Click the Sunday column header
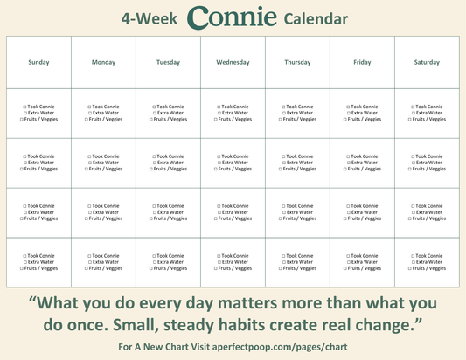(x=38, y=62)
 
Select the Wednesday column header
(x=233, y=62)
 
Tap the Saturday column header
(x=427, y=62)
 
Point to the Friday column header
(x=362, y=62)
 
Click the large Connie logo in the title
(x=232, y=17)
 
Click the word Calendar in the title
(x=316, y=19)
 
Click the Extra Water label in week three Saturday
(x=429, y=212)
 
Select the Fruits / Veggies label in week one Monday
(x=106, y=119)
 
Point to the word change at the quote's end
(x=389, y=326)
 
